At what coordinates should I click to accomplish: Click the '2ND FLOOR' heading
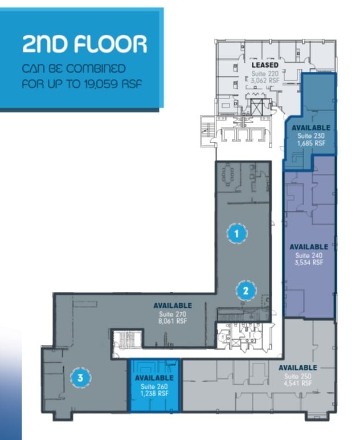[x=84, y=44]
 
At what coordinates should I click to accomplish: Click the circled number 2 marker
[x=246, y=290]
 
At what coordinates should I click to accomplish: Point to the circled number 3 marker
[x=80, y=377]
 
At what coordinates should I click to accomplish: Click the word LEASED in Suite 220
[x=265, y=65]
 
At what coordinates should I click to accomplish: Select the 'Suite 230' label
[x=311, y=136]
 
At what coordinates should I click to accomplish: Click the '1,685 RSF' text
[x=311, y=144]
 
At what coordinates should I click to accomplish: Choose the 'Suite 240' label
[x=309, y=255]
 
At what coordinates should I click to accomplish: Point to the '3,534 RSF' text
[x=309, y=263]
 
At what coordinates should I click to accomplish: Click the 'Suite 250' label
[x=298, y=376]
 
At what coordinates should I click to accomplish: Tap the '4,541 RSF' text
[x=298, y=384]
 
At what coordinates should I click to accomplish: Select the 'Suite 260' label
[x=154, y=386]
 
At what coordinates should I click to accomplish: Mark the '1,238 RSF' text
[x=154, y=393]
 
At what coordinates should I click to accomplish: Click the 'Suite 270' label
[x=173, y=313]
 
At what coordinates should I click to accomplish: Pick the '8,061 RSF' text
[x=173, y=321]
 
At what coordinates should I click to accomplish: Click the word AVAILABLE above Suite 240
[x=309, y=247]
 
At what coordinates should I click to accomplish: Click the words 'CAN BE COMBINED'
[x=73, y=70]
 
